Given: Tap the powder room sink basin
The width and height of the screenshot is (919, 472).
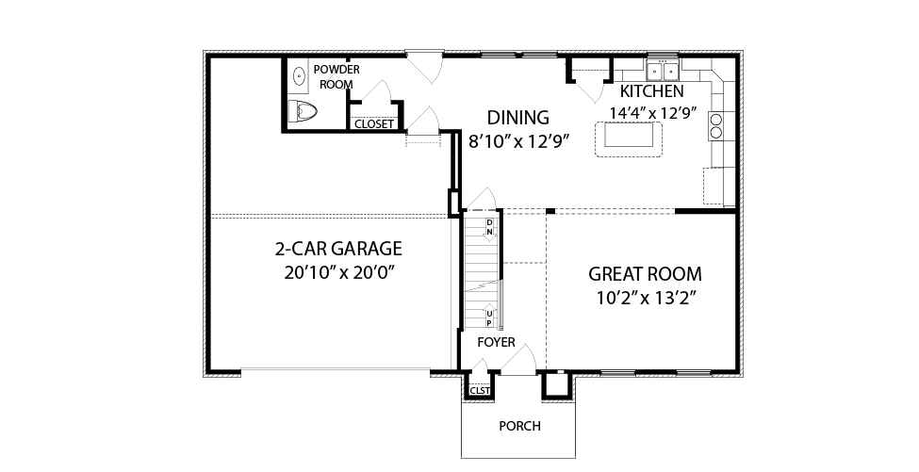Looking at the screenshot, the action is click(x=300, y=76).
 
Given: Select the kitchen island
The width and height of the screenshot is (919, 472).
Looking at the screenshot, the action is click(x=629, y=138).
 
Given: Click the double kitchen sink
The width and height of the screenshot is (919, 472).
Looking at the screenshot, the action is click(x=663, y=71).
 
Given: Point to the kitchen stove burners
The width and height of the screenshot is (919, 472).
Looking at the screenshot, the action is click(x=716, y=126).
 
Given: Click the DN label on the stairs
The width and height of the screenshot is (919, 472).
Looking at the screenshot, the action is click(x=490, y=227).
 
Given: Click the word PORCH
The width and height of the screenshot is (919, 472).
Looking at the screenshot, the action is click(x=520, y=427).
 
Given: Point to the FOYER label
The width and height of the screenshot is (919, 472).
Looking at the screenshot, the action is click(x=496, y=343).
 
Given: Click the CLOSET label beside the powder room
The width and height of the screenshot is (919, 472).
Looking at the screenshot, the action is click(x=374, y=124).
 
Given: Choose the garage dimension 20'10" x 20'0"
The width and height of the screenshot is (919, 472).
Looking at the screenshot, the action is click(x=338, y=273).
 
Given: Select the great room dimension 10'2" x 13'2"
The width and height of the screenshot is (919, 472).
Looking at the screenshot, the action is click(x=646, y=298).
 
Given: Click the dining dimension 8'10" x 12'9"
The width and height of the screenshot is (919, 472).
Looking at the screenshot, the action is click(x=519, y=141).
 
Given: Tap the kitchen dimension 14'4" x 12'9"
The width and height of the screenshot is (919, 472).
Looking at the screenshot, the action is click(x=652, y=113).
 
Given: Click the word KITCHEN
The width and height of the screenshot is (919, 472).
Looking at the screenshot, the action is click(x=651, y=91).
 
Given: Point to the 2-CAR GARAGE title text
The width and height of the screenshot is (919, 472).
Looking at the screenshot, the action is click(x=338, y=249).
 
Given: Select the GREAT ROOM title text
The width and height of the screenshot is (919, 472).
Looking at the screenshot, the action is click(x=645, y=274).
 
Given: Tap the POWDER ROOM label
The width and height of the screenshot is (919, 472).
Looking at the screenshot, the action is click(x=336, y=76).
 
